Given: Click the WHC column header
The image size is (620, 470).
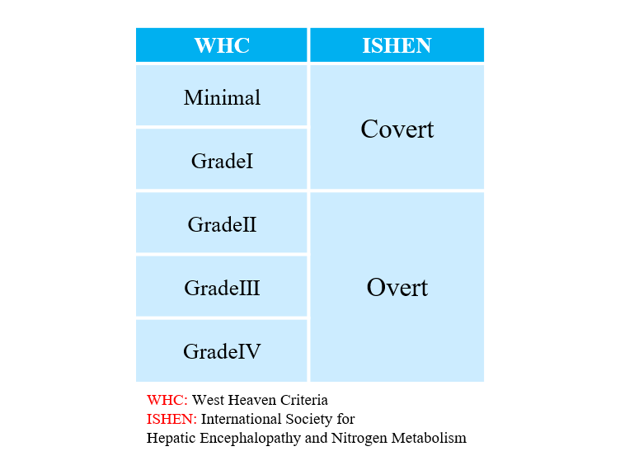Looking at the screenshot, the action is (222, 45).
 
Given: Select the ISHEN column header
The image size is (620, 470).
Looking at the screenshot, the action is (397, 45).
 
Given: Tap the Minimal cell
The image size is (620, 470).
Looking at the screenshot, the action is (222, 96).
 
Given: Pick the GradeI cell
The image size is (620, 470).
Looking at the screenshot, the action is (222, 159).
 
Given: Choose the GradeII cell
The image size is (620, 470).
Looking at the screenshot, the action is (222, 223).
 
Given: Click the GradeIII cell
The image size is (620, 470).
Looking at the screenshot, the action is (222, 286).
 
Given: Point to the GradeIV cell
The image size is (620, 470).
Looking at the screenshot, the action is (222, 350).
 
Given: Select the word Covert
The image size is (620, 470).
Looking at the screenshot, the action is (397, 129).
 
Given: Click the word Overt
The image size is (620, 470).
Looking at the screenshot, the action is (397, 287).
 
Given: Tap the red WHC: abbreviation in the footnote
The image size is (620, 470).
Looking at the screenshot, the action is (167, 400).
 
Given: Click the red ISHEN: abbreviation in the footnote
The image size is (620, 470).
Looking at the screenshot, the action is (171, 419).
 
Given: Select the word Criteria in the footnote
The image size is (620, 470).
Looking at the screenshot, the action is (304, 400).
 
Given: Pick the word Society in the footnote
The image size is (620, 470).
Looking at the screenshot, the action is (309, 420).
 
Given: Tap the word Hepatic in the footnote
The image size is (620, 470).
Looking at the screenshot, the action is (171, 439).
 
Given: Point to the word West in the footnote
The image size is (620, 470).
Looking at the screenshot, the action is (208, 400).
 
